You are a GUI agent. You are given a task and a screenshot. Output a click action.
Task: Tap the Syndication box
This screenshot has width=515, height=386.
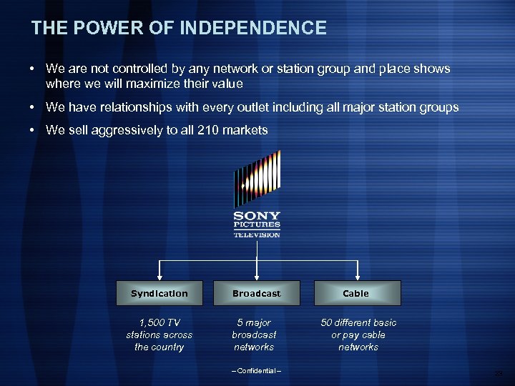pyautogui.click(x=160, y=293)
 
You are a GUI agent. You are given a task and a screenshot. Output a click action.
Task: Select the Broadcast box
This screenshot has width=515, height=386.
pyautogui.click(x=257, y=293)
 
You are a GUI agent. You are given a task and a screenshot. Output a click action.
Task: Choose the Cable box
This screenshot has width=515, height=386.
pyautogui.click(x=355, y=293)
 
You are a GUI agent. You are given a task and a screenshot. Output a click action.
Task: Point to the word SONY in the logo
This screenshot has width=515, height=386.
pyautogui.click(x=257, y=216)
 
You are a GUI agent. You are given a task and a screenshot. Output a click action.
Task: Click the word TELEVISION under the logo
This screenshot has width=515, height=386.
pyautogui.click(x=257, y=234)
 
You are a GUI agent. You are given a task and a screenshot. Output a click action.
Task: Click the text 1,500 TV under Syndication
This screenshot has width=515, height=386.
pyautogui.click(x=160, y=322)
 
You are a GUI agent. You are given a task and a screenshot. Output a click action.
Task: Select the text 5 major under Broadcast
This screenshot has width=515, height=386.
pyautogui.click(x=254, y=322)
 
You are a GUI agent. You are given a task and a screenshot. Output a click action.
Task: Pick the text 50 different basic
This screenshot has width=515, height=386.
pyautogui.click(x=358, y=322)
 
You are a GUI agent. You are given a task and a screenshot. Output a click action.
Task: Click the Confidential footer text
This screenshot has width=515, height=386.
pyautogui.click(x=257, y=370)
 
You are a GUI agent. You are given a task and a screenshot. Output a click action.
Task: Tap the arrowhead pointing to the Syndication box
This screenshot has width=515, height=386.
pyautogui.click(x=160, y=276)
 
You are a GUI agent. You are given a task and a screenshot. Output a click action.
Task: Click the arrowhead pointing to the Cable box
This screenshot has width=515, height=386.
pyautogui.click(x=355, y=276)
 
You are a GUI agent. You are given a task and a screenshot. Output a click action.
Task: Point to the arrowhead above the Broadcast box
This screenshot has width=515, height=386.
pyautogui.click(x=257, y=276)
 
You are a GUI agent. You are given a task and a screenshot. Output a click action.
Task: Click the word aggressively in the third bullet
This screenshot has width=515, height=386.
pyautogui.click(x=116, y=129)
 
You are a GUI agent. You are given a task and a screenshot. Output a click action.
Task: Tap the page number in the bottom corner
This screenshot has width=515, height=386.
pyautogui.click(x=501, y=373)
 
